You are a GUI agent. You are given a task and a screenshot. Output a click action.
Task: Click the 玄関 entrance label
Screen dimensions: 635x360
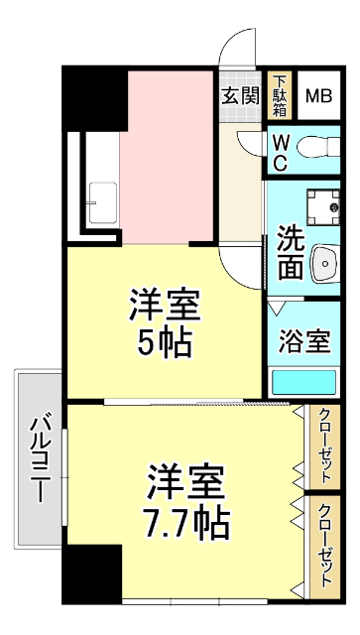tap(240, 96)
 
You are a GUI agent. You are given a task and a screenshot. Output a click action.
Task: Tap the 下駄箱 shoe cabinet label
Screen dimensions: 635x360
tap(281, 96)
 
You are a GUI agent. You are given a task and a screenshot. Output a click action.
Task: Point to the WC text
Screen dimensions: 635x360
tap(281, 152)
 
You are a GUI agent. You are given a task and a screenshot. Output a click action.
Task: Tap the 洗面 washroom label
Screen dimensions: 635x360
tap(290, 252)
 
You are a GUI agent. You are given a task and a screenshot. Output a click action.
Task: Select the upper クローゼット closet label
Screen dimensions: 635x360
tap(324, 445)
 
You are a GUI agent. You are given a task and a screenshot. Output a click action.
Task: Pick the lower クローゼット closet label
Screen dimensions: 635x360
tap(324, 545)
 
